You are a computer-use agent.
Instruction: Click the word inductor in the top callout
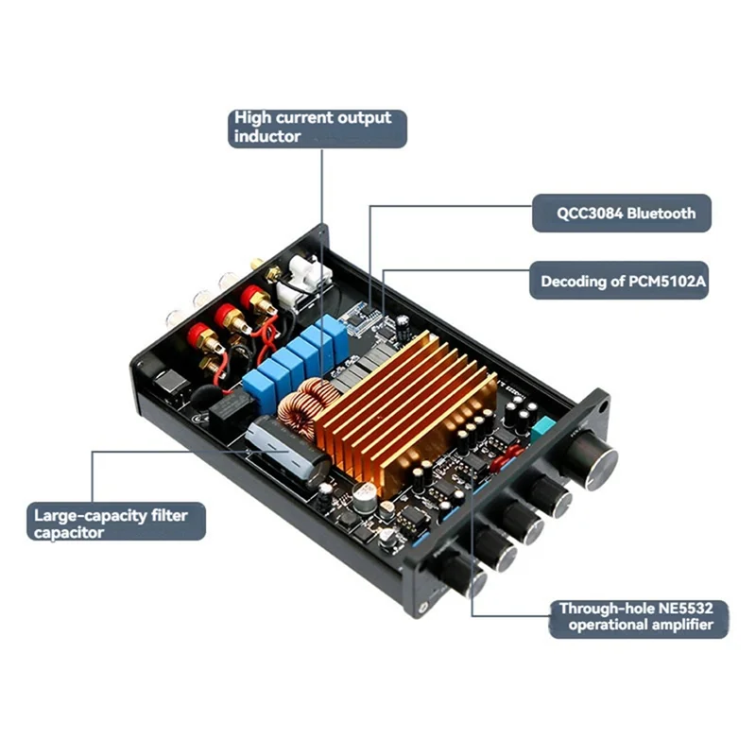268,137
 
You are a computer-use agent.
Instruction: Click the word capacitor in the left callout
71,533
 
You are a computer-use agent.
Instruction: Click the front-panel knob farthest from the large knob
457,571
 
